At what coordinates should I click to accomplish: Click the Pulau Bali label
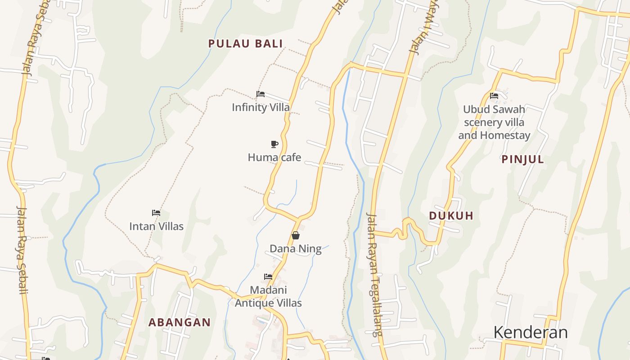click(245, 44)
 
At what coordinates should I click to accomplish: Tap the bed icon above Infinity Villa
click(261, 94)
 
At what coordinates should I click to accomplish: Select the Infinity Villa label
click(261, 108)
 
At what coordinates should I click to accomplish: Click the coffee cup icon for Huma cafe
click(274, 144)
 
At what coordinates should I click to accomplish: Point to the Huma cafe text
click(274, 157)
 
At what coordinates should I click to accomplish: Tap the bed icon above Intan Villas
click(156, 213)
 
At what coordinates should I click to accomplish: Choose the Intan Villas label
click(156, 226)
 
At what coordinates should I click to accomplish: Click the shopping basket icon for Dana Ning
click(296, 235)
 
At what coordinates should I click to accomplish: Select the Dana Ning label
click(296, 249)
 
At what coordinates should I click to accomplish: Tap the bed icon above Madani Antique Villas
click(268, 276)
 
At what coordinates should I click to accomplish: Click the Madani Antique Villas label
click(268, 297)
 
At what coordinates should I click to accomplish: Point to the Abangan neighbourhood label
click(180, 322)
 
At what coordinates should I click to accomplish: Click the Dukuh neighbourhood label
click(451, 216)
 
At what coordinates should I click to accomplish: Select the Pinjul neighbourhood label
click(522, 159)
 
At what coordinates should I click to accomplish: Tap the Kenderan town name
click(531, 333)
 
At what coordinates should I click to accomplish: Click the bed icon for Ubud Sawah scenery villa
click(494, 96)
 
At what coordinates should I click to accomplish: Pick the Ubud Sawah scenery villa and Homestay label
click(494, 122)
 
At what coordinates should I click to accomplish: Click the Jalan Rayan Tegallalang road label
click(374, 274)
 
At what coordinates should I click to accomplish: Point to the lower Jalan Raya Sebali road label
click(22, 250)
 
